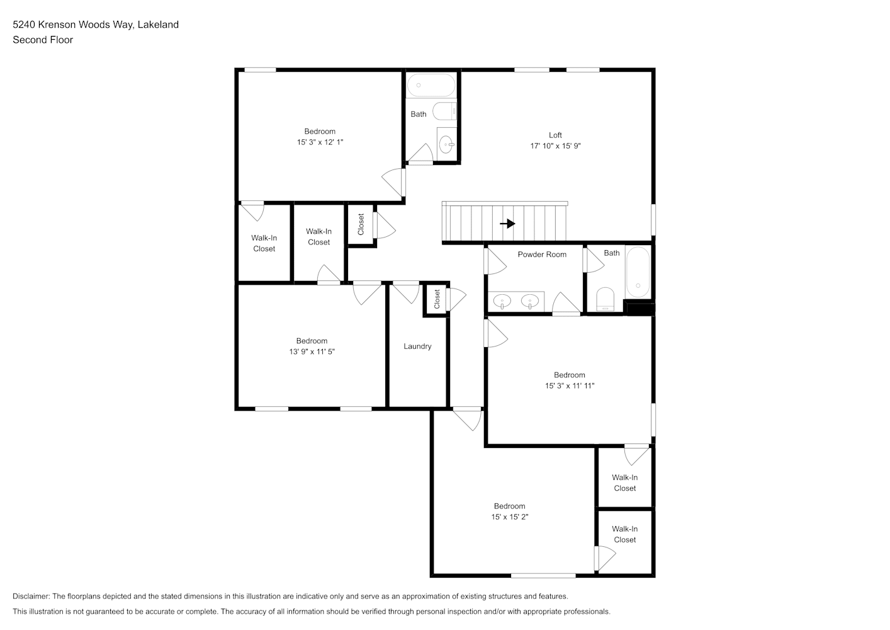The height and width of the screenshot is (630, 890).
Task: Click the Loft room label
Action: [555, 135]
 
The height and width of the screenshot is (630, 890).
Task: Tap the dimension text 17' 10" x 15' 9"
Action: [555, 146]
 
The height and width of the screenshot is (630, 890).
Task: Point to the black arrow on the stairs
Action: [507, 224]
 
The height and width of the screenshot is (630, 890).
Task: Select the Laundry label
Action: [417, 346]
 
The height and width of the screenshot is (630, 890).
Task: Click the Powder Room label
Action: [542, 255]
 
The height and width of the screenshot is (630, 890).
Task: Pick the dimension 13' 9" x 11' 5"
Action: [312, 352]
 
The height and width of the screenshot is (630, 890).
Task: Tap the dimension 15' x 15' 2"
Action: [509, 517]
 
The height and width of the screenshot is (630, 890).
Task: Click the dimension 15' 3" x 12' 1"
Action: [320, 142]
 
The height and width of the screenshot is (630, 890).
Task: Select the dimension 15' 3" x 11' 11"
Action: [570, 386]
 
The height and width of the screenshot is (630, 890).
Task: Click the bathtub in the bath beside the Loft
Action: [431, 85]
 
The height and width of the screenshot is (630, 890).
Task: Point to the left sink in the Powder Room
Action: [502, 301]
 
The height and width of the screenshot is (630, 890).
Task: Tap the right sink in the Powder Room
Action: [529, 301]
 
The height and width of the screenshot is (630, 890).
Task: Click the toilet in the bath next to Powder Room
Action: [605, 299]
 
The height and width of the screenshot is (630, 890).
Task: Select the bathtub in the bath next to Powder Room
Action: [638, 272]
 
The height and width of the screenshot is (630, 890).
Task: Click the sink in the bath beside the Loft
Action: [447, 144]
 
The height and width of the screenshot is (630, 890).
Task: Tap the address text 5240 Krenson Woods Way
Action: [73, 25]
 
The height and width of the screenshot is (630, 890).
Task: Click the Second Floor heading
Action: [43, 40]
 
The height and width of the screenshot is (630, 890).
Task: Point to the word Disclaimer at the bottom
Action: [31, 596]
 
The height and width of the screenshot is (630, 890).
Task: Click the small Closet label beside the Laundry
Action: [437, 299]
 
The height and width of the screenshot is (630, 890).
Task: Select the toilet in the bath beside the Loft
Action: [444, 111]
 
